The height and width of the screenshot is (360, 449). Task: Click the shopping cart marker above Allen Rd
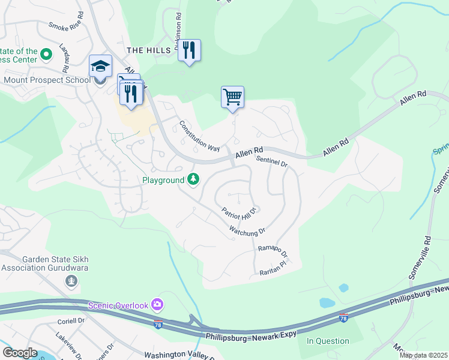point(232,97)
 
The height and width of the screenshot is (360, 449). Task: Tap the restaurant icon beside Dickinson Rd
point(189,50)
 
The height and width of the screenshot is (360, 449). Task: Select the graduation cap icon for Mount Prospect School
point(100,66)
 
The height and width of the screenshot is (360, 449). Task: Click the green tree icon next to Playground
point(193,179)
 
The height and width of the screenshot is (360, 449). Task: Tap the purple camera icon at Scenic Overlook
point(157,305)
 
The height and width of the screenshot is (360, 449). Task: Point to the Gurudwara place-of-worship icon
point(71,280)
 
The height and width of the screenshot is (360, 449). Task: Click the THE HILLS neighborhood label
point(150,50)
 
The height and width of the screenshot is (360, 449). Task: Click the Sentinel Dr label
point(272,161)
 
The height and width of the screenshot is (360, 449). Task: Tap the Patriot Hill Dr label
point(239,211)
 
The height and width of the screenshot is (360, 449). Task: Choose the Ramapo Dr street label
point(273,251)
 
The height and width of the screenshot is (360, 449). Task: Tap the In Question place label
point(328,341)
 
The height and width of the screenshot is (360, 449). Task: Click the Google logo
point(20,353)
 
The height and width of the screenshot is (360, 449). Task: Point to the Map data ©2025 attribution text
point(423,355)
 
